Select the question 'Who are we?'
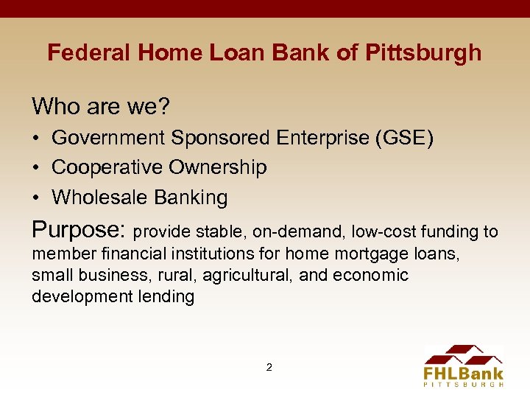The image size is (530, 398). click(101, 107)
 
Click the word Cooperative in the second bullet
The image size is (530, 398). click(108, 167)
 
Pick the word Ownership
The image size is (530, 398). click(218, 167)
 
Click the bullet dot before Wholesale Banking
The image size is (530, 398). click(36, 198)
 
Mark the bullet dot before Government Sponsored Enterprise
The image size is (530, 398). click(36, 138)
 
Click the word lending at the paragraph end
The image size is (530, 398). click(169, 296)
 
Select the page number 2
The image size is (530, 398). click(269, 366)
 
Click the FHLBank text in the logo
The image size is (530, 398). click(463, 373)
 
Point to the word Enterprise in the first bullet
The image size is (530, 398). click(322, 138)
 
